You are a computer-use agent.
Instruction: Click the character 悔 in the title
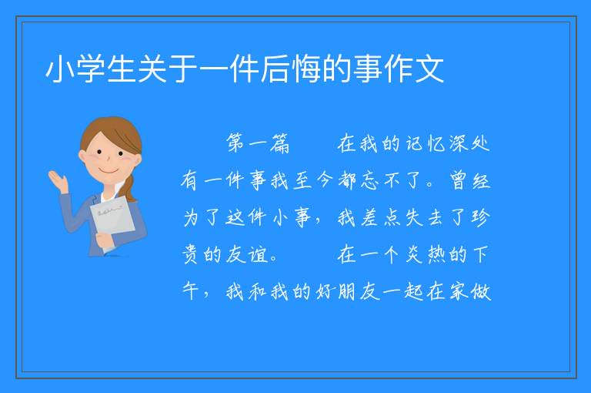(307, 69)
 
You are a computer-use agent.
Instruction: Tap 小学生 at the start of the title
(91, 69)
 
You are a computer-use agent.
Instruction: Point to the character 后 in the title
(276, 69)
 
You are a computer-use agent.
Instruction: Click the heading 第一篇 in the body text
(258, 143)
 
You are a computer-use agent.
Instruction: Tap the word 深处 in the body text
(469, 143)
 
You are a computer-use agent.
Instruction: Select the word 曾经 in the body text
(469, 180)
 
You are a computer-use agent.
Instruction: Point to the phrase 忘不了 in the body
(380, 180)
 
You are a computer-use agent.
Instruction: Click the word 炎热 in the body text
(425, 254)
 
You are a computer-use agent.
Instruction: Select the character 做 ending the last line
(480, 291)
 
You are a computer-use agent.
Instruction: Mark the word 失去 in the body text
(425, 217)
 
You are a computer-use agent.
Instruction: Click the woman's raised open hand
(58, 181)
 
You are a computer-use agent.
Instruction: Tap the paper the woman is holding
(112, 222)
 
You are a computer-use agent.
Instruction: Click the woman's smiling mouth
(109, 171)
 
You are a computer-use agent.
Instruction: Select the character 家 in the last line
(459, 291)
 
